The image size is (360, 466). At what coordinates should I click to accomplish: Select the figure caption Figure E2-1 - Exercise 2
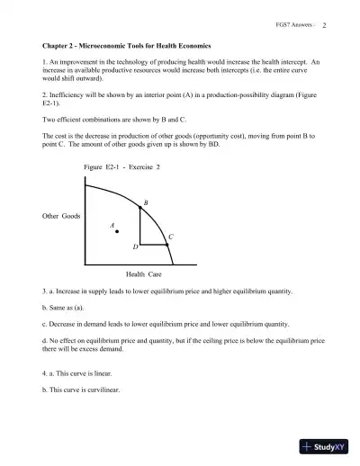tap(121, 168)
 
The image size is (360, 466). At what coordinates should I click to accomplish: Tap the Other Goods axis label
tap(62, 217)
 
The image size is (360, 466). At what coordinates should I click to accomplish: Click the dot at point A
tap(117, 233)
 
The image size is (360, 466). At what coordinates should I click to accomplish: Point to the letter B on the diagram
tap(145, 204)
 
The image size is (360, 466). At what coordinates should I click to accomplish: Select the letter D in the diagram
tap(135, 246)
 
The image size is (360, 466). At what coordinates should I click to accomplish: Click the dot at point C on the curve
tap(166, 244)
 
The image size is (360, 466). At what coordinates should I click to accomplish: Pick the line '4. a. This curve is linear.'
tap(78, 372)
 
